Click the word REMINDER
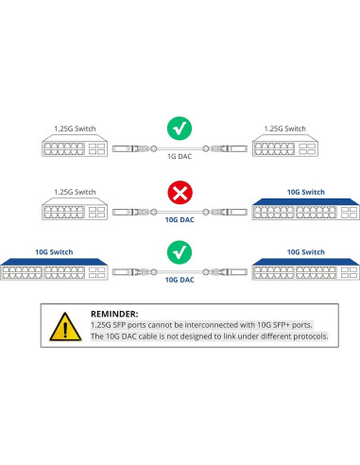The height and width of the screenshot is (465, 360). coord(113,313)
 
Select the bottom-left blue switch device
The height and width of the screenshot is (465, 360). coord(55,271)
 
